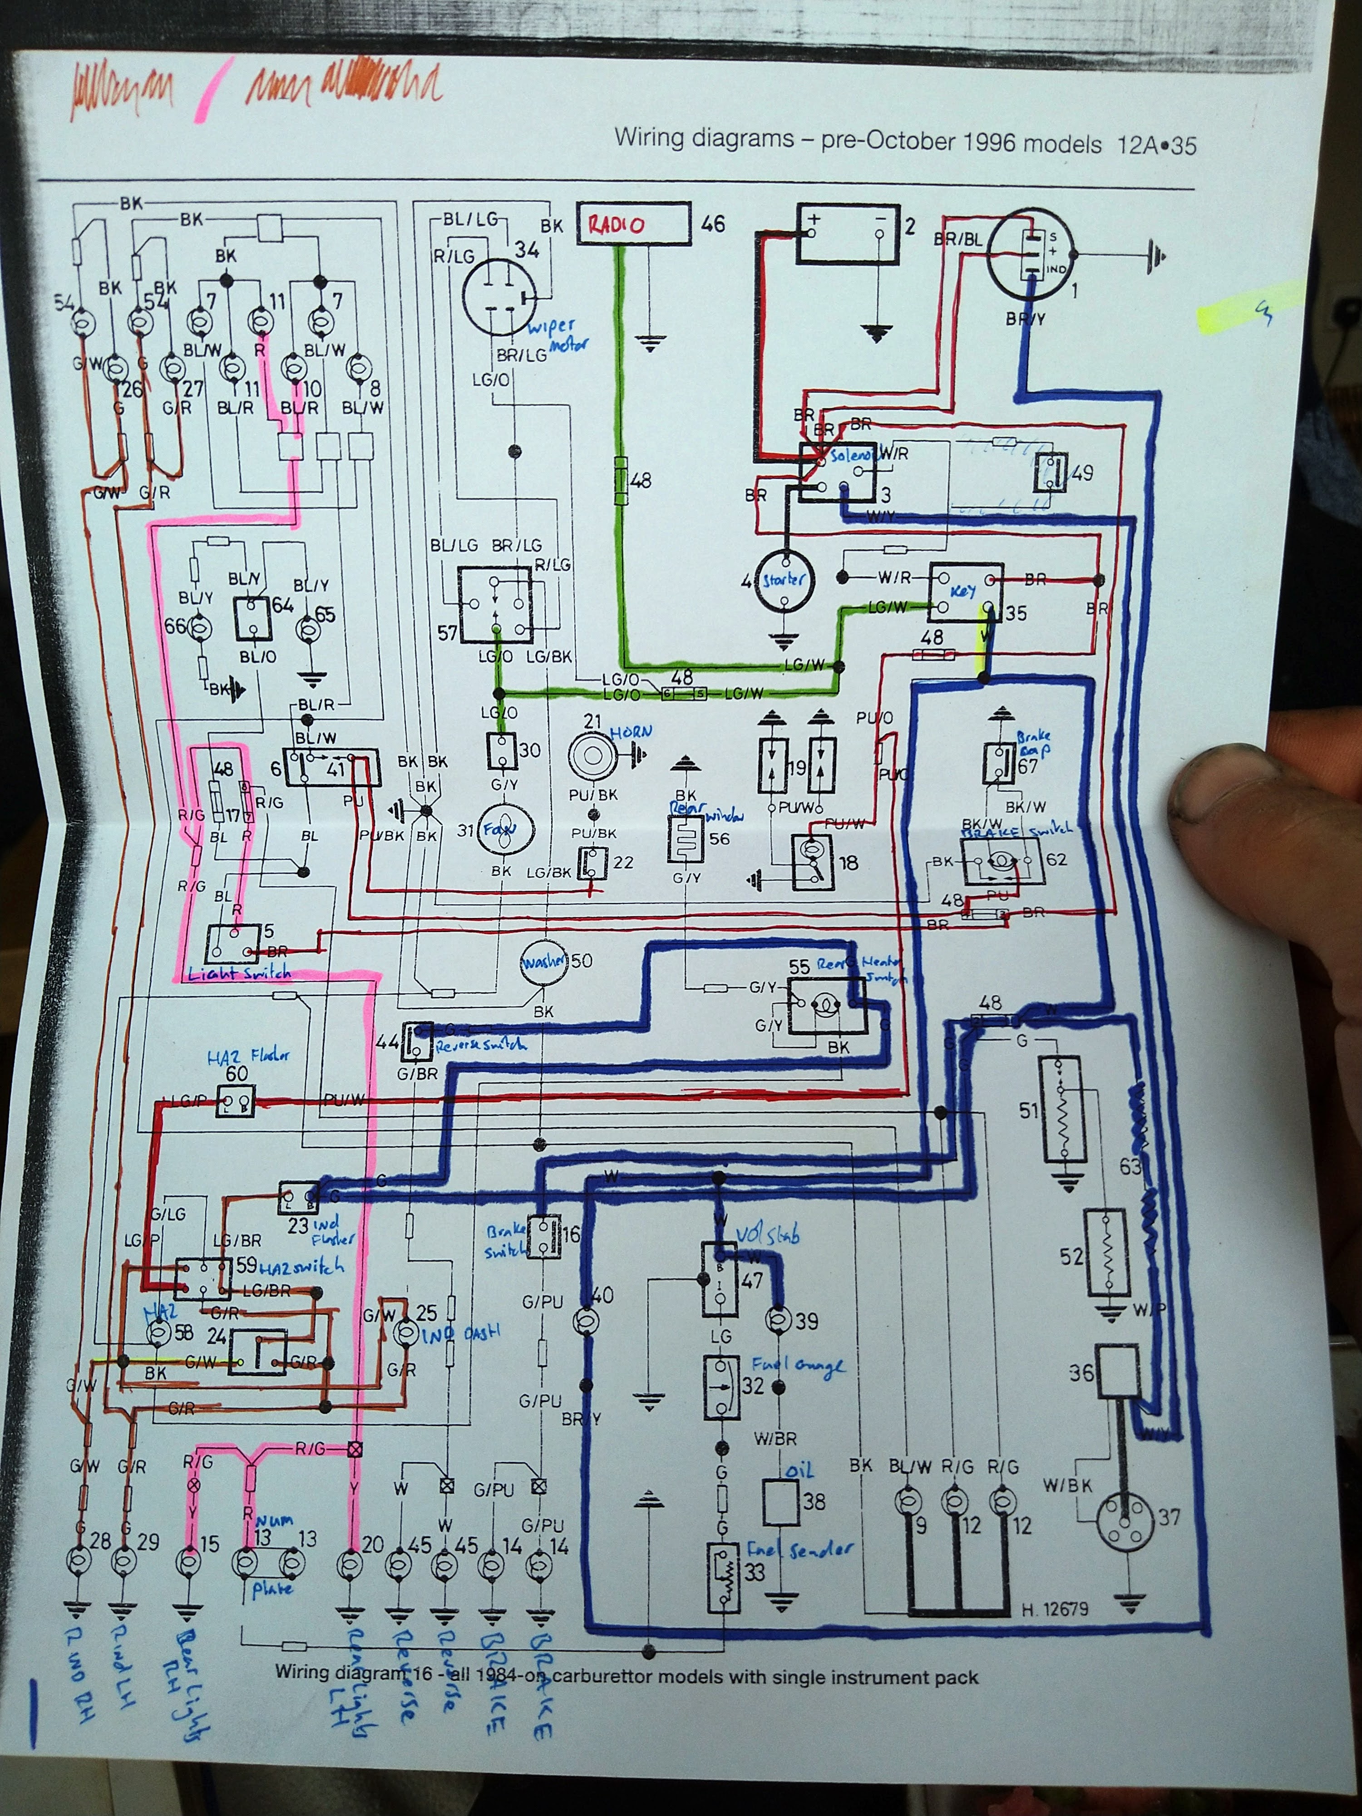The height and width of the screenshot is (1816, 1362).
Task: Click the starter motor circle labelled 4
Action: tap(784, 580)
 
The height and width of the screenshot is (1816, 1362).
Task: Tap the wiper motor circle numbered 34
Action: tap(498, 297)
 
